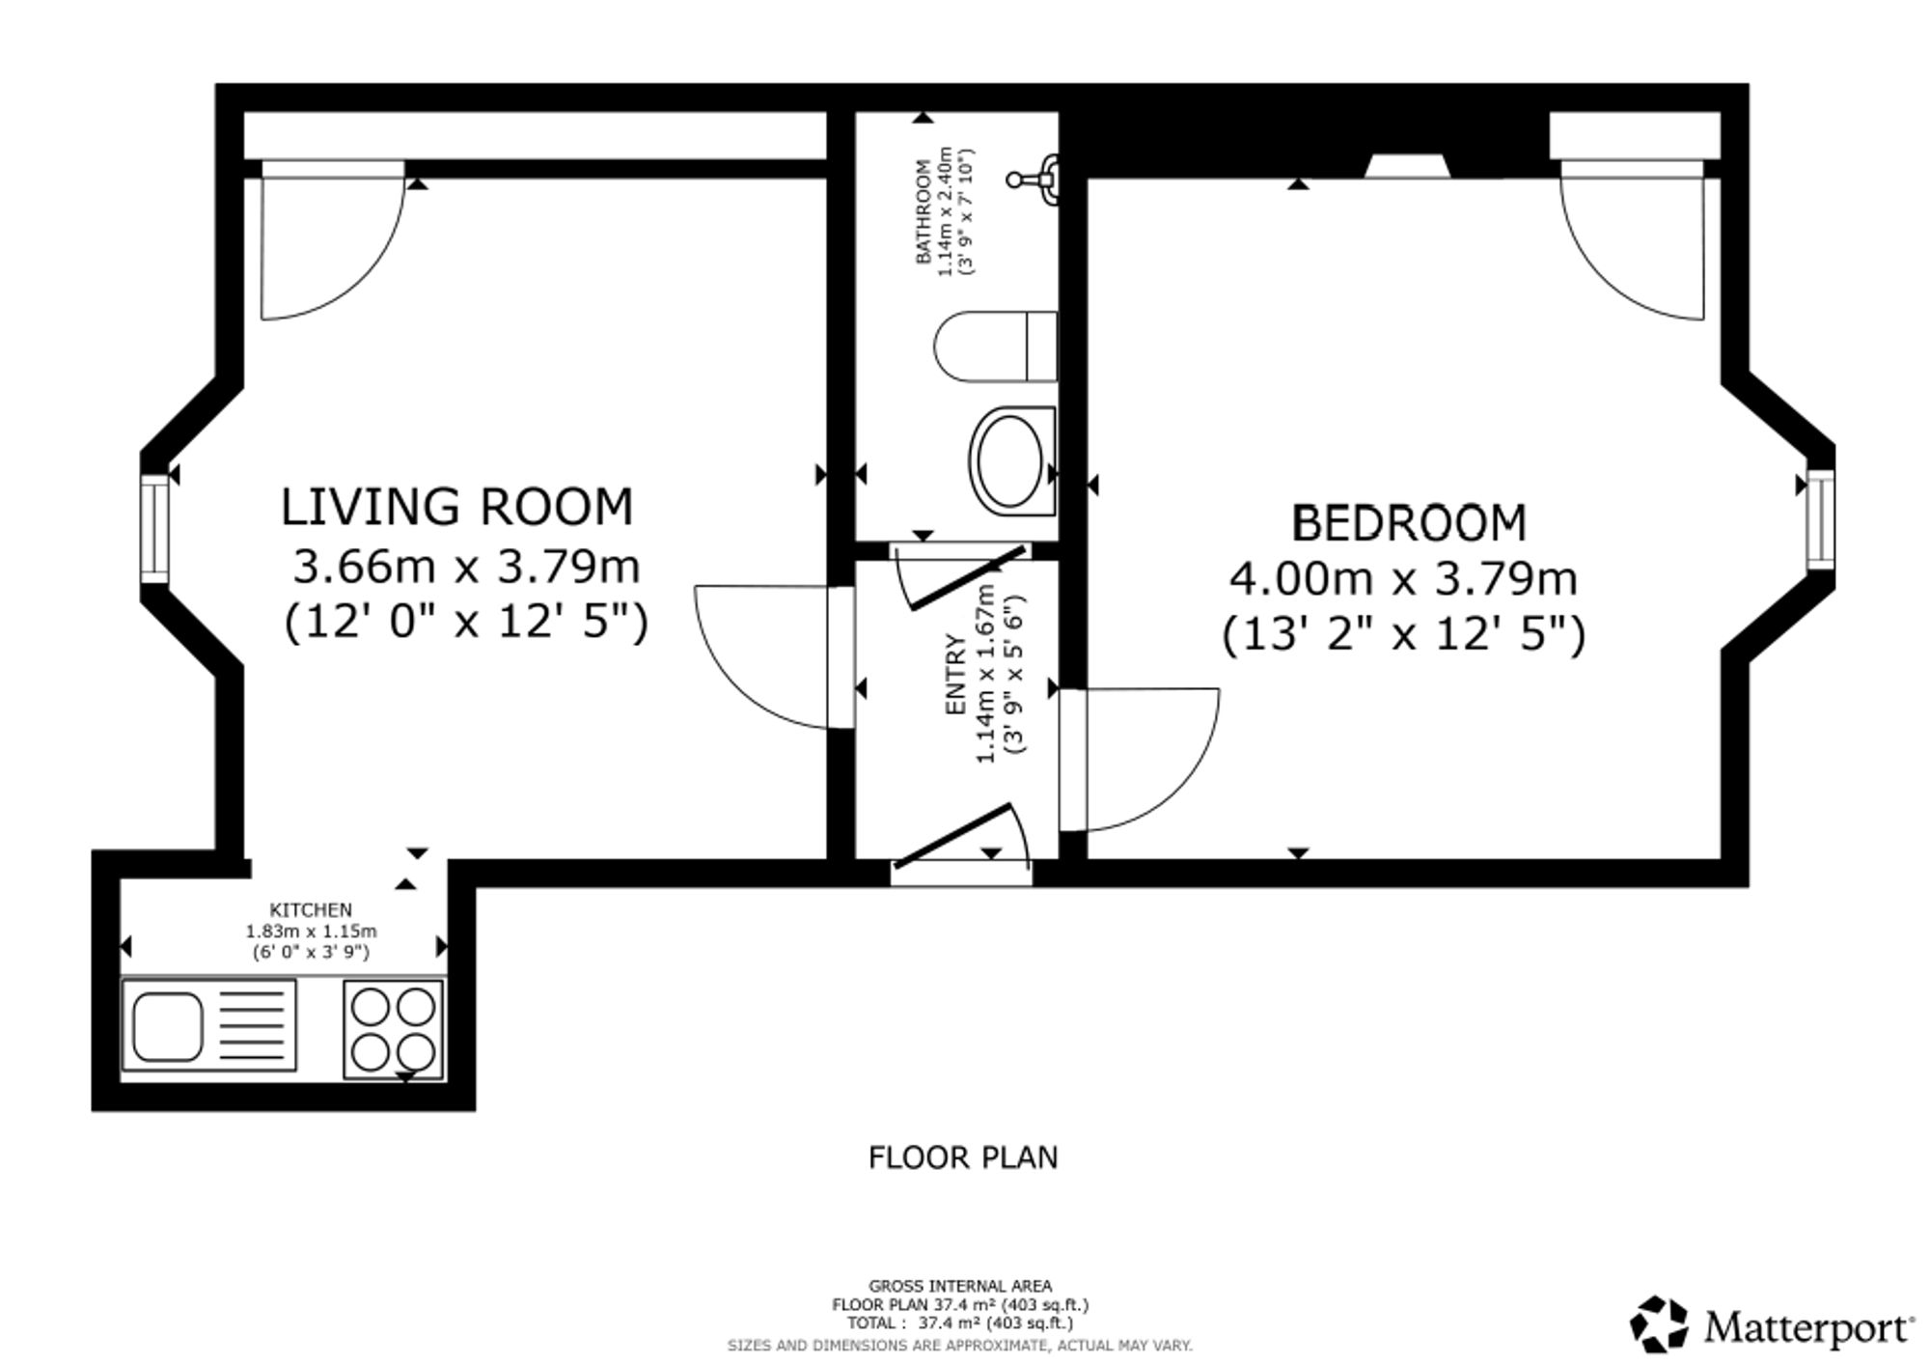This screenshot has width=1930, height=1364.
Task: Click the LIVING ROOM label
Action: (456, 508)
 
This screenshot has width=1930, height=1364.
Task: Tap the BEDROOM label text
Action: (1409, 523)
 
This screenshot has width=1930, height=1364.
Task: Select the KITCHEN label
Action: (311, 909)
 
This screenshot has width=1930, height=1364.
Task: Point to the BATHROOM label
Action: (924, 211)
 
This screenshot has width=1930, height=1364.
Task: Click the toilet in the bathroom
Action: (995, 347)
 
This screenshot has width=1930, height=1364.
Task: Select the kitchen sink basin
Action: (168, 1026)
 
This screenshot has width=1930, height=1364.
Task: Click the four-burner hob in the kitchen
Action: (394, 1029)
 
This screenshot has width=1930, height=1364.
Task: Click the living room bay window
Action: (154, 529)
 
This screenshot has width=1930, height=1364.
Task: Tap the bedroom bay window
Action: (1820, 518)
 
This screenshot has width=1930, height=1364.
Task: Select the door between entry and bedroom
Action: (1139, 759)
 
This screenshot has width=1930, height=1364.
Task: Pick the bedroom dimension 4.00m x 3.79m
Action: (1403, 579)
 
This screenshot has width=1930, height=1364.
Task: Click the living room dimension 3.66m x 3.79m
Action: (466, 567)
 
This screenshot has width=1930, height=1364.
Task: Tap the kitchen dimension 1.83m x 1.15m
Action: (311, 932)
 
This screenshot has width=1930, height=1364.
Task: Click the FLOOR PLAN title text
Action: (963, 1157)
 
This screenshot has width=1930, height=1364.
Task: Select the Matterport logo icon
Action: (1659, 1325)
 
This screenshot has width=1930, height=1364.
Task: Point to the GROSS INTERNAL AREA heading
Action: (960, 1286)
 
